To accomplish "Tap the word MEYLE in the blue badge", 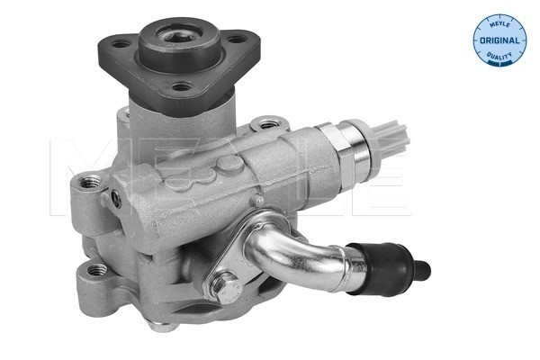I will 498,22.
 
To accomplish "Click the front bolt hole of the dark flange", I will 183,87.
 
